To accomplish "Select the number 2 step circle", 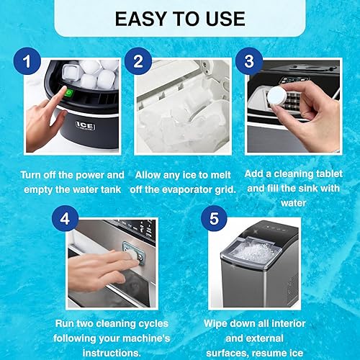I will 138,63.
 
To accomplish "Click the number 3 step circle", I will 249,63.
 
